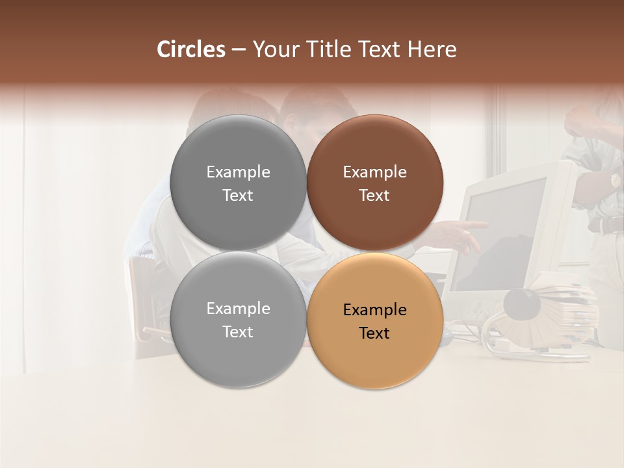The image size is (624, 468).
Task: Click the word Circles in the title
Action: click(191, 49)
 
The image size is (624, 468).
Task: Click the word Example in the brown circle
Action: click(374, 172)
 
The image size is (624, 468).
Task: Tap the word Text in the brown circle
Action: click(374, 196)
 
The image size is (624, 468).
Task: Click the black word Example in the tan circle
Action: click(374, 310)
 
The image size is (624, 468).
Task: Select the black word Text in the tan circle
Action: click(374, 333)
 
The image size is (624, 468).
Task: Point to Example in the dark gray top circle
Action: click(238, 172)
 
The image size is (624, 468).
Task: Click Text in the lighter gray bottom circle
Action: click(238, 332)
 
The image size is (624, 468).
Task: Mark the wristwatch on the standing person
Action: click(614, 179)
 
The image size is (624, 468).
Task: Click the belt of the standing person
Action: click(607, 225)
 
